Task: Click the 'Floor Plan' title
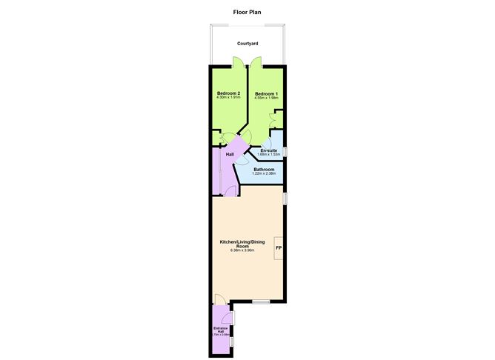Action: pyautogui.click(x=247, y=12)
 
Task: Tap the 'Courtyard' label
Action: pyautogui.click(x=247, y=44)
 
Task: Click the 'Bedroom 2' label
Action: pyautogui.click(x=229, y=93)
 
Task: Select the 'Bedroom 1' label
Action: pyautogui.click(x=266, y=93)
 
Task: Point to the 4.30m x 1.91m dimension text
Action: pyautogui.click(x=229, y=98)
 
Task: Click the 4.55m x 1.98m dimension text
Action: pyautogui.click(x=266, y=98)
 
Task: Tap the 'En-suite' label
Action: pyautogui.click(x=268, y=150)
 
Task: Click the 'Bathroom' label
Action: pyautogui.click(x=264, y=169)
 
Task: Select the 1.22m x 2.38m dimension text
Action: pyautogui.click(x=264, y=173)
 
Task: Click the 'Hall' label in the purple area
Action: pyautogui.click(x=230, y=154)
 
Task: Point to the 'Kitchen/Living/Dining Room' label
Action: pyautogui.click(x=242, y=244)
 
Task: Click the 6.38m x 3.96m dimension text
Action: pyautogui.click(x=242, y=250)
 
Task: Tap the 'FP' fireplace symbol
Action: pyautogui.click(x=279, y=247)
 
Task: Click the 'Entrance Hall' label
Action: pyautogui.click(x=220, y=329)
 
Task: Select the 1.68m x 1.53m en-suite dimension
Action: pyautogui.click(x=268, y=155)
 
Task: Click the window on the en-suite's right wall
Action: pyautogui.click(x=285, y=152)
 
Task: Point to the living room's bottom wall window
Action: pyautogui.click(x=260, y=301)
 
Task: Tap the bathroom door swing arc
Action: pyautogui.click(x=242, y=159)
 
